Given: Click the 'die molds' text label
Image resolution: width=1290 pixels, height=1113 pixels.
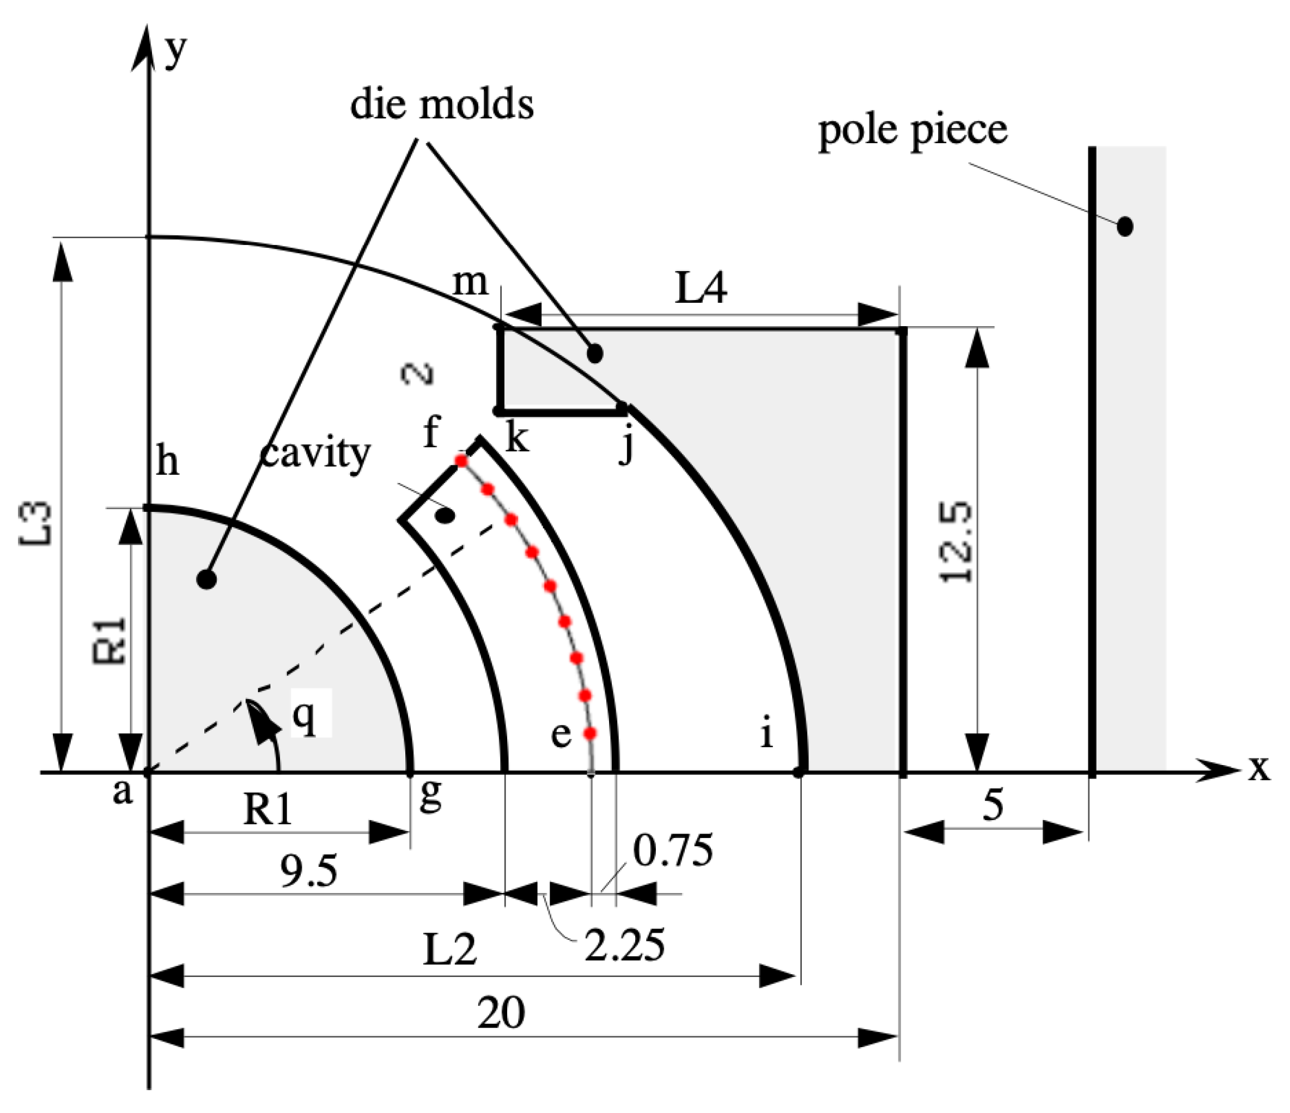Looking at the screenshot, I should tap(441, 104).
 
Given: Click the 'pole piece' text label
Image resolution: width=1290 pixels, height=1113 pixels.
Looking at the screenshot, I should tap(912, 131).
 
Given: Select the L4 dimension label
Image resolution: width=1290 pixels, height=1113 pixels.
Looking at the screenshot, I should tap(701, 289).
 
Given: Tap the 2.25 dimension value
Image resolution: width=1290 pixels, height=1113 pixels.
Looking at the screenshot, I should tap(624, 945).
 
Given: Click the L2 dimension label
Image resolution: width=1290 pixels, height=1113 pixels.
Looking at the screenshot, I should tap(449, 950).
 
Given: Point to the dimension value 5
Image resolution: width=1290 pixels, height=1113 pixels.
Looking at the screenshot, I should tap(993, 805).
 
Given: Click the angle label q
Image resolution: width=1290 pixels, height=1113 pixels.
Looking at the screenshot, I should tap(303, 718).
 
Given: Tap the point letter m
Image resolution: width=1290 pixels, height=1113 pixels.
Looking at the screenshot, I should tap(470, 282).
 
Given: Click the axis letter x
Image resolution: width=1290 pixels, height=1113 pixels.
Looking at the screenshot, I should tap(1259, 769).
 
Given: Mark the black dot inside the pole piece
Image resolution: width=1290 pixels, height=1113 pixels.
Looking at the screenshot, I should tap(1124, 226).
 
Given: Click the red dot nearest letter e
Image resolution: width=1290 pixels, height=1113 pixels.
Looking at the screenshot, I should tap(590, 733).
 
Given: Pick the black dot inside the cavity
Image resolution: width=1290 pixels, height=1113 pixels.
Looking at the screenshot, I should tap(445, 516).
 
